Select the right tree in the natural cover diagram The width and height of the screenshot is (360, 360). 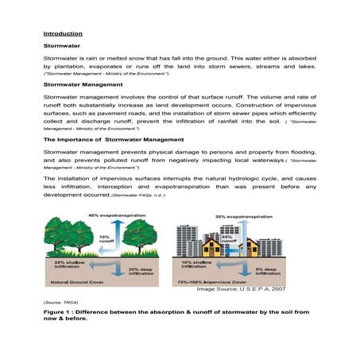144,234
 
